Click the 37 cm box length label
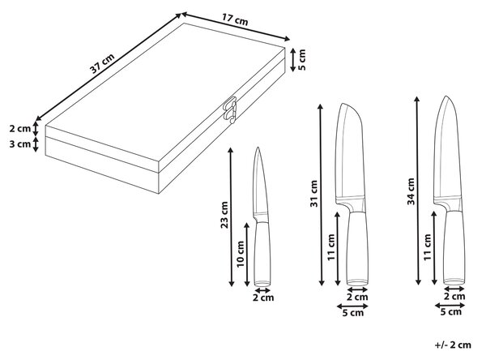(102, 63)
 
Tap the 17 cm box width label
(235, 19)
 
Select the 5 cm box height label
(301, 59)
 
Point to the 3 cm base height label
(19, 144)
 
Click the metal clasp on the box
(230, 109)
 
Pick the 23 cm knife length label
(224, 215)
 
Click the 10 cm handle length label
(241, 254)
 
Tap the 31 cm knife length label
(314, 194)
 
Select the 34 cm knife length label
(411, 191)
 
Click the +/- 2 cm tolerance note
(453, 345)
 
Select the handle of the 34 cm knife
(454, 247)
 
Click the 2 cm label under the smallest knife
(263, 298)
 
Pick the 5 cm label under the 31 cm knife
(352, 313)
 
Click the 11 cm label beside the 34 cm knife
(428, 247)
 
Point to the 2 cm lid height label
(19, 128)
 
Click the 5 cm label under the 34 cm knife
(451, 312)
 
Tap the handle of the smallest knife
(262, 254)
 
